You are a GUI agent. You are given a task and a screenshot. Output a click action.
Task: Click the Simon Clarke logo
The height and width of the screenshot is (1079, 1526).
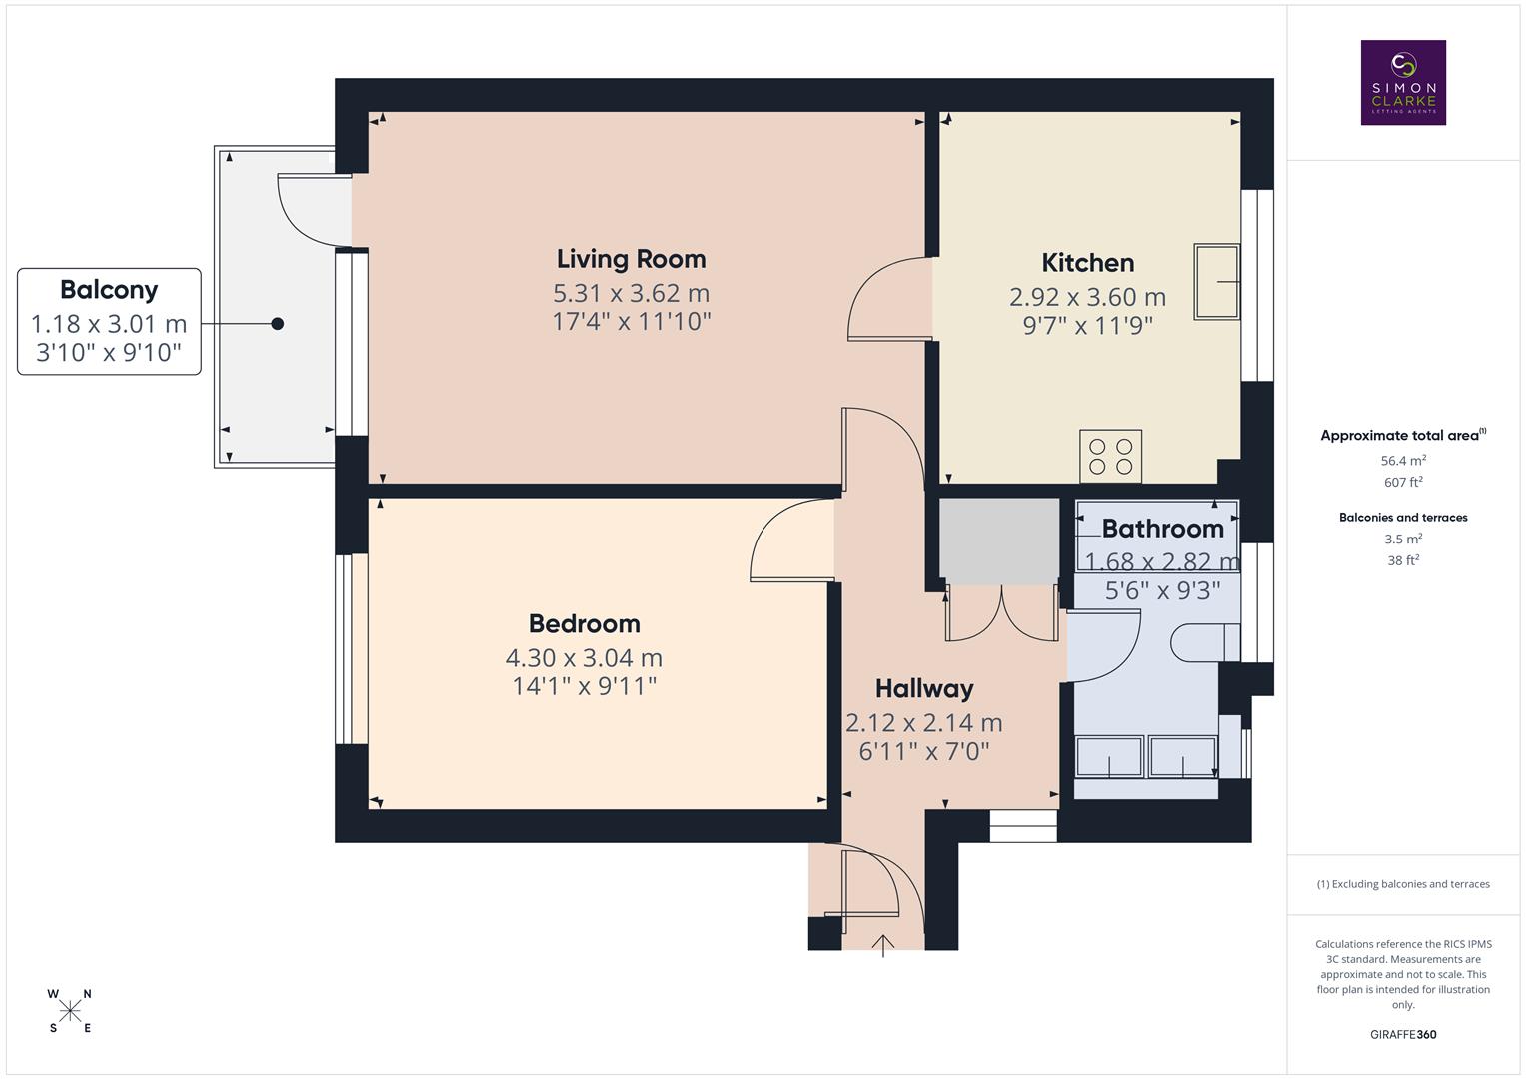[1403, 82]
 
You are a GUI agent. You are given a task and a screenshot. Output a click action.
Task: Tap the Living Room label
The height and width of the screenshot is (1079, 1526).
[631, 259]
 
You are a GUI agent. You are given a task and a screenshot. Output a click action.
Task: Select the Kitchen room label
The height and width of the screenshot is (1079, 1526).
[1087, 263]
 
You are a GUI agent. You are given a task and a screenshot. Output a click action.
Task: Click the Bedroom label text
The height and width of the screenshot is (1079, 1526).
[584, 624]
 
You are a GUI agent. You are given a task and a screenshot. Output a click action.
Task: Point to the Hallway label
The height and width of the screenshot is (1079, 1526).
[923, 688]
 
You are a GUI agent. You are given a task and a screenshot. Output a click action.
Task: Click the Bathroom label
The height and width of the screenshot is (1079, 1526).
[1162, 529]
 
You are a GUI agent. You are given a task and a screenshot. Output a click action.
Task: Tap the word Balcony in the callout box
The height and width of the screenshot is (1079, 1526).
[109, 290]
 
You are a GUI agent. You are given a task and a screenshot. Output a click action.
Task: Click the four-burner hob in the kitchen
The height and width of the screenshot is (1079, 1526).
[1110, 457]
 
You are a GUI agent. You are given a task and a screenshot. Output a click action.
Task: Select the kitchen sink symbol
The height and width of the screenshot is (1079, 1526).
[1216, 282]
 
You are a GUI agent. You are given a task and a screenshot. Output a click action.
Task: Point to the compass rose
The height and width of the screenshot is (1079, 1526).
[70, 1011]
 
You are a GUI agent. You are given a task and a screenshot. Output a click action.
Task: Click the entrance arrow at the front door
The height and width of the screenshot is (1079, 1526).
[883, 944]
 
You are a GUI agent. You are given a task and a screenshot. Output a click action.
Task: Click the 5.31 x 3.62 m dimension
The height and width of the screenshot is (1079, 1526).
[631, 294]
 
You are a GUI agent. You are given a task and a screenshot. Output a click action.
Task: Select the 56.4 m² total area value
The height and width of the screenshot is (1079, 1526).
[1402, 461]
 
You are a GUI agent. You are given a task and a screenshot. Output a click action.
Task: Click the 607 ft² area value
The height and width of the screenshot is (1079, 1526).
[1402, 482]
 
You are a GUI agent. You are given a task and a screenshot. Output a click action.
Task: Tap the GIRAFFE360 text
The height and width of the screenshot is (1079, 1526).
[1402, 1034]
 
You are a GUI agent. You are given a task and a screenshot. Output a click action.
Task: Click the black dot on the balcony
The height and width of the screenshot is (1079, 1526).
[278, 323]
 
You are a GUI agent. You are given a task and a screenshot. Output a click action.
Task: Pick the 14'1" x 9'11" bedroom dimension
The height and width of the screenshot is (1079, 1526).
[584, 686]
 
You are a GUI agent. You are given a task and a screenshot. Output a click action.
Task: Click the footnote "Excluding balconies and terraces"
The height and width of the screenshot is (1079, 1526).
[1402, 884]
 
